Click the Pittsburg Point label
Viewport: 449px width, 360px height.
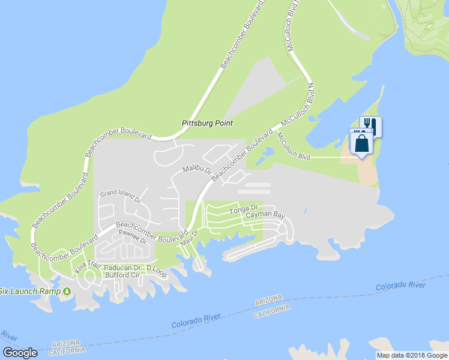[x=206, y=123]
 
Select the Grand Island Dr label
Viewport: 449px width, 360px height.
[x=119, y=194]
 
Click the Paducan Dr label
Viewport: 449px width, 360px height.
[x=122, y=268]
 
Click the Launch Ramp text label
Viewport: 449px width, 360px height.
[x=30, y=291]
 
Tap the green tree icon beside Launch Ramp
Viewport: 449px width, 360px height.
[x=67, y=292]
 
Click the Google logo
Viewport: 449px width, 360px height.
[x=20, y=353]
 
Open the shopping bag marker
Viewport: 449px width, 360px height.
[x=363, y=145]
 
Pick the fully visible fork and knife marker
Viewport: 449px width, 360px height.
[x=371, y=125]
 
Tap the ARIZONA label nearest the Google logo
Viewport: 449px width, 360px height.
[x=66, y=344]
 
